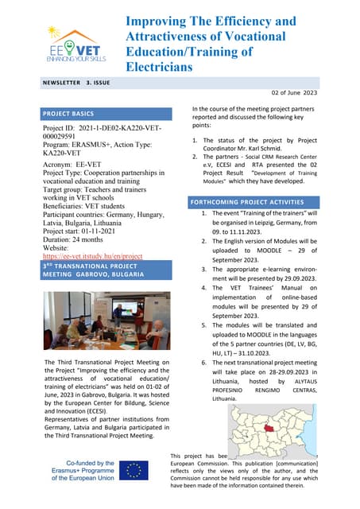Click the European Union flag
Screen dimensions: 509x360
tap(134, 471)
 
